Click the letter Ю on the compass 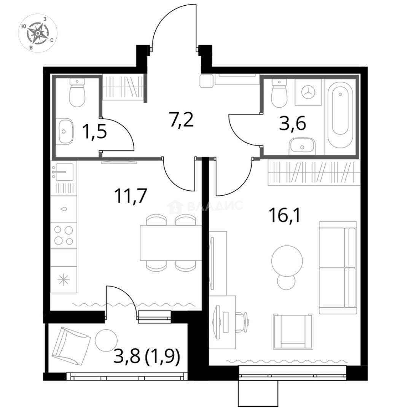click(x=24, y=26)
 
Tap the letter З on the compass click(x=45, y=19)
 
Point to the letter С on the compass click(x=51, y=40)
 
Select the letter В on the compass click(x=31, y=47)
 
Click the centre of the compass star click(x=38, y=33)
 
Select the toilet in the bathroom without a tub click(x=77, y=94)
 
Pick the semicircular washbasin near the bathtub click(x=303, y=145)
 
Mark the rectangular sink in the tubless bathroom click(x=65, y=131)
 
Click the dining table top click(x=169, y=242)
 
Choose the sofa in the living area click(x=338, y=268)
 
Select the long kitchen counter click(x=65, y=228)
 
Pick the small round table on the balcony click(x=106, y=338)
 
